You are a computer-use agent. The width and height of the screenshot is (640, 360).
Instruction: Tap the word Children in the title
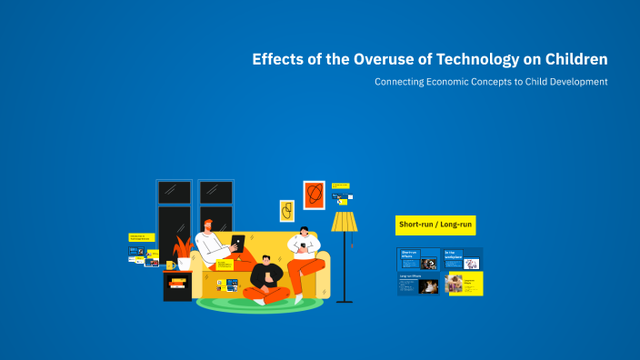(573, 60)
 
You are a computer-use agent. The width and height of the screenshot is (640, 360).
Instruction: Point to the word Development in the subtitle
(574, 82)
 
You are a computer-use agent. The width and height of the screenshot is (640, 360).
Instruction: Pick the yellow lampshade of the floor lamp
(345, 221)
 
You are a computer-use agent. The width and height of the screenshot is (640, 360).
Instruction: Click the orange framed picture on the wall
(314, 195)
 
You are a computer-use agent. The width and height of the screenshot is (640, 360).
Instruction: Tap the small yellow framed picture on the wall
(286, 211)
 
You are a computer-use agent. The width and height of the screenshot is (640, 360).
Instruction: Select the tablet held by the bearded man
(238, 244)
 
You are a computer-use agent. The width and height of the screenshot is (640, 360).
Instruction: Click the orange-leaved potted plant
(184, 249)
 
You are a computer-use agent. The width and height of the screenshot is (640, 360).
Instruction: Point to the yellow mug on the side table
(170, 265)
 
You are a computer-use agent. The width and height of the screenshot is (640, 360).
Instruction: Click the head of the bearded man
(209, 226)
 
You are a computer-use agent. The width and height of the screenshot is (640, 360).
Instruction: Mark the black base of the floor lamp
(345, 301)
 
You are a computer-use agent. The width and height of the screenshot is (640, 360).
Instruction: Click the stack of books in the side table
(177, 283)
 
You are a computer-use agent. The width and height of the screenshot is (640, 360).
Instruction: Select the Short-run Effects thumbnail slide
(418, 259)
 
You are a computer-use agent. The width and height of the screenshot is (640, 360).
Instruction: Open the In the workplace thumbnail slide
(463, 259)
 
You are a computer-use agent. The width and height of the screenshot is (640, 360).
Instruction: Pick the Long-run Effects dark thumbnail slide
(418, 284)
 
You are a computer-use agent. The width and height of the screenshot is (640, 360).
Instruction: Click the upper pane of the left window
(174, 192)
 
